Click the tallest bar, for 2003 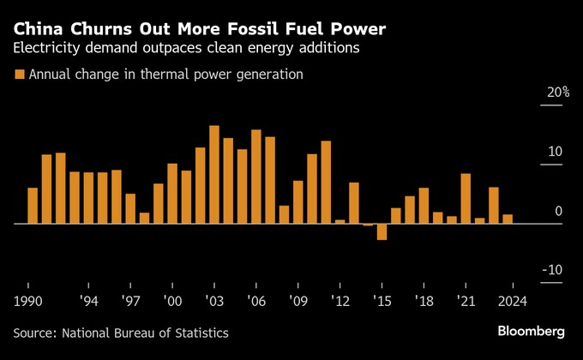point(214,175)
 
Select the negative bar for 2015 point(382,231)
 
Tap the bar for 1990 point(33,206)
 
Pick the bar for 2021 point(466,199)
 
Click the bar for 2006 point(256,177)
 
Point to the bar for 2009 point(298,202)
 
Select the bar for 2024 point(508,219)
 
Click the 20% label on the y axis point(558,92)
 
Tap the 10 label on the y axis point(556,152)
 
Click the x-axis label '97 point(130,302)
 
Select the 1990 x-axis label point(29,302)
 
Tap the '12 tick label point(340,302)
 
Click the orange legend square point(19,75)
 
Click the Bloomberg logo point(532,331)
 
